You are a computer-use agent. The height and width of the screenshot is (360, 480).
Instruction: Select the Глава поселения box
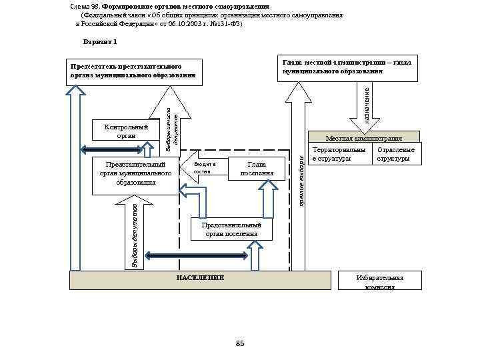click(256, 169)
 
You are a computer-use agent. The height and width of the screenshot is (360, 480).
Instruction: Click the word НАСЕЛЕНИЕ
click(200, 277)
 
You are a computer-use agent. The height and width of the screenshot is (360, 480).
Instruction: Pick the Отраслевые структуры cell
click(396, 155)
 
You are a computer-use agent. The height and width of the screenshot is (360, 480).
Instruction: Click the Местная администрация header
click(363, 138)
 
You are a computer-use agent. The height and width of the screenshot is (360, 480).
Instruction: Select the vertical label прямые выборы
click(301, 180)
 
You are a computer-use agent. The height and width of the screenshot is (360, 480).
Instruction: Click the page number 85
click(240, 343)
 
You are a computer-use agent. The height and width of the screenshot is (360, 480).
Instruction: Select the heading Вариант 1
click(100, 42)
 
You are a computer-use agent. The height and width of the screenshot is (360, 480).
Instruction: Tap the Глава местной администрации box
click(347, 67)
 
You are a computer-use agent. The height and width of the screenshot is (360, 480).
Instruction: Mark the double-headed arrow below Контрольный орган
click(119, 149)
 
